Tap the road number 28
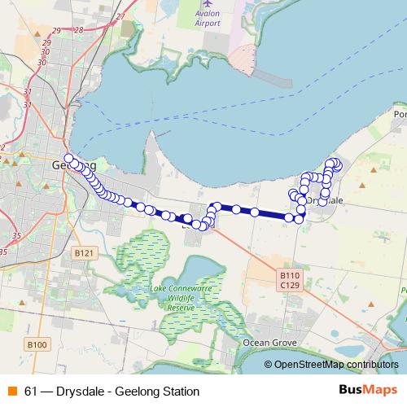pos(78,30)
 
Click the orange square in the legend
pos(11,391)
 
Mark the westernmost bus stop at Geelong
pos(69,158)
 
